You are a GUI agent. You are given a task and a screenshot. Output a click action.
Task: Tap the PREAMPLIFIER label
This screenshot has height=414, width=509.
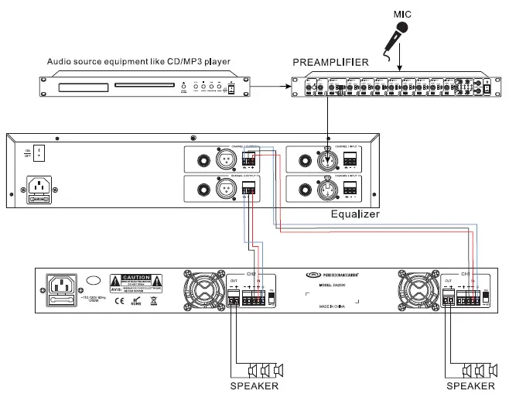pos(330,62)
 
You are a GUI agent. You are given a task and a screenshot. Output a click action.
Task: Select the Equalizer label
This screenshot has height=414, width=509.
pos(355,214)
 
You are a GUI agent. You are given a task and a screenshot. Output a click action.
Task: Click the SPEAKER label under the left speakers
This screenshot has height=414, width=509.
pos(254,385)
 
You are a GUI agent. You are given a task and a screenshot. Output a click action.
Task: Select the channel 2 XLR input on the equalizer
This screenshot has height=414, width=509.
pos(326,188)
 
